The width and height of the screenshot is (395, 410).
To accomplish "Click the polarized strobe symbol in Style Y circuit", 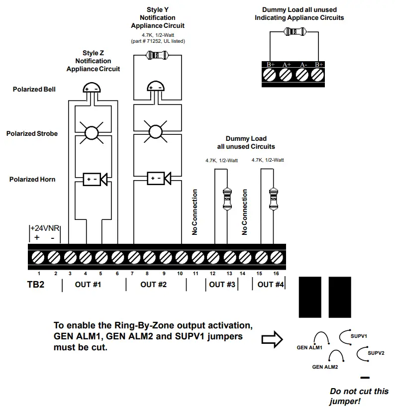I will (155, 132).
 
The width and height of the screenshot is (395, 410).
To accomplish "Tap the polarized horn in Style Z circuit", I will (95, 179).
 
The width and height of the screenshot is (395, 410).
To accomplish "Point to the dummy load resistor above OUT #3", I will (226, 197).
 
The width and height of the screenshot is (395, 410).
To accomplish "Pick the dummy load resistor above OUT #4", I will (272, 197).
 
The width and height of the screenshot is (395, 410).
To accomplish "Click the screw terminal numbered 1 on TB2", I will (38, 257).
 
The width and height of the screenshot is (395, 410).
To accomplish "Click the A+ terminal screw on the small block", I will (286, 75).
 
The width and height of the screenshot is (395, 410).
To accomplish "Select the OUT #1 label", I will (88, 285).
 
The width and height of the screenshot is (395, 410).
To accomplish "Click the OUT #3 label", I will (222, 285).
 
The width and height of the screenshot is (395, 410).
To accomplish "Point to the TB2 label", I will (37, 285).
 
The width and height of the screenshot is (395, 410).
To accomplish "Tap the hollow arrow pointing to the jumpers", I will (272, 339).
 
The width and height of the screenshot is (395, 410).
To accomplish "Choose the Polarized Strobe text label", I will (32, 133).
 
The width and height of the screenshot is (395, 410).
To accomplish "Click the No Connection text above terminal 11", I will (195, 212).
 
